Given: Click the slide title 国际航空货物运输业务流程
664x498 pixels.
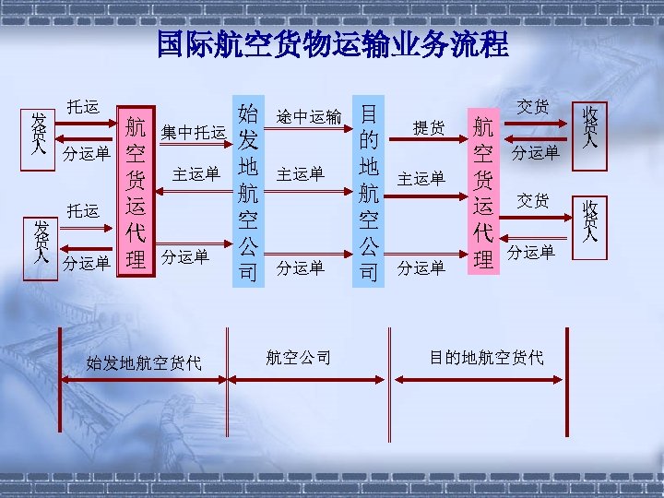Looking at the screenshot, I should pos(332,44).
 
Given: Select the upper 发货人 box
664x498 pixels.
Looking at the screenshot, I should pos(40,136).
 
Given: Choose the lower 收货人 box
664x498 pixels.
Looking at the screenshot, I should pos(589,222).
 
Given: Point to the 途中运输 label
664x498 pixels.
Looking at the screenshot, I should pos(309,117).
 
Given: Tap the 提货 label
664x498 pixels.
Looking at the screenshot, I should pos(429,128).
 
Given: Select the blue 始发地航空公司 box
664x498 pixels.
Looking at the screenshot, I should pos(247,192).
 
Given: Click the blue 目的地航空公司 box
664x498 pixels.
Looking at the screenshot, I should pos(369,192).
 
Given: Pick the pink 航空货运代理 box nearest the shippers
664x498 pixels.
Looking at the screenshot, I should pos(136,192).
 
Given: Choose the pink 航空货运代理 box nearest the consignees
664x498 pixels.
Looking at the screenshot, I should pos(482,192).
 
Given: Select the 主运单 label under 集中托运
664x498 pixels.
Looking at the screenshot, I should pos(196,173).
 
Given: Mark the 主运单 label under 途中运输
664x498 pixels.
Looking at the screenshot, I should pos(301,173).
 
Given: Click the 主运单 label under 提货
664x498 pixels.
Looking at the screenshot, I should pos(421,177).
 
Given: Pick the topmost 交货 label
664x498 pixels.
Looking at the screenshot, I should pos(533,107).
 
